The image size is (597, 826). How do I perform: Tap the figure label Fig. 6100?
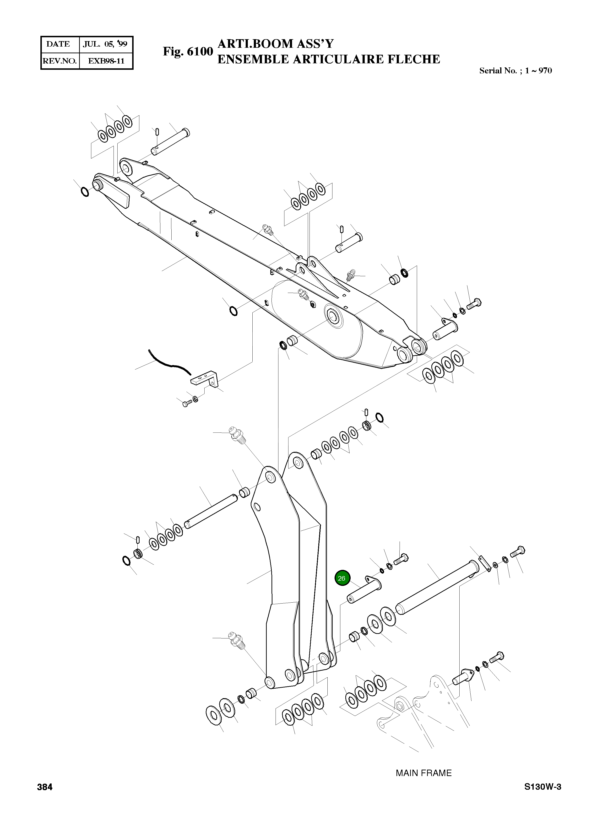pos(188,51)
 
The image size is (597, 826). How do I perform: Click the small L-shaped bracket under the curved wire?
pos(205,378)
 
